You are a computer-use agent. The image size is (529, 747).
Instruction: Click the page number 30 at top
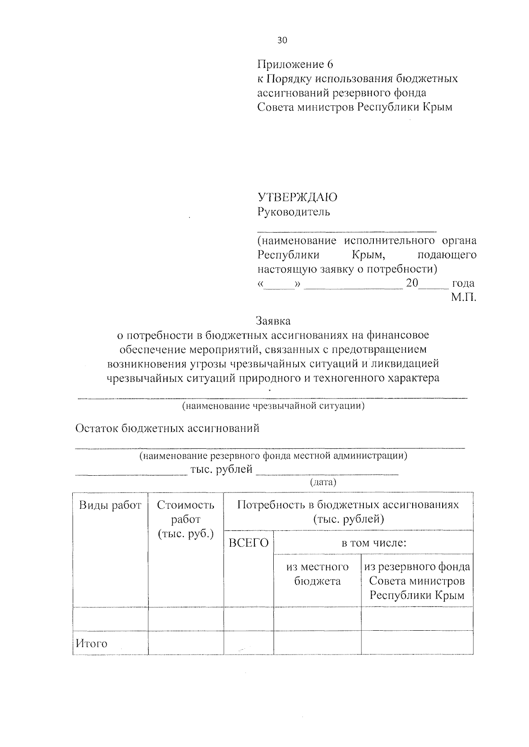pos(282,40)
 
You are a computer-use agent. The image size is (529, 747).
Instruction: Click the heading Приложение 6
pos(295,64)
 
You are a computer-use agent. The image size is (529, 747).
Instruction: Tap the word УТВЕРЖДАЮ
pos(298,197)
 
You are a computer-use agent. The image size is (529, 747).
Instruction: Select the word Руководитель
pos(294,212)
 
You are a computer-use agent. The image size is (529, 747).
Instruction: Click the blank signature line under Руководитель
pos(347,229)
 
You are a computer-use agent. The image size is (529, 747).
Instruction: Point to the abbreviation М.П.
pos(463,298)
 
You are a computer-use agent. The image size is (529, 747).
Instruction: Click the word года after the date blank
pos(463,283)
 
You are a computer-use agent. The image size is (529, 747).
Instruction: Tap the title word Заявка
pos(273,321)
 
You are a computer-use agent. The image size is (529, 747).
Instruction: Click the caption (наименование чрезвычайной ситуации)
pos(273,406)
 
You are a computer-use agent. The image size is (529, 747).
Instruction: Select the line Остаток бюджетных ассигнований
pos(168,428)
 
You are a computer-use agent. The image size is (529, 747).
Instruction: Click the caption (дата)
pos(323,482)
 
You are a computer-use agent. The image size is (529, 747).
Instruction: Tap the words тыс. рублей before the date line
pos(221,470)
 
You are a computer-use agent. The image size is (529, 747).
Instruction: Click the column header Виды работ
pos(110,505)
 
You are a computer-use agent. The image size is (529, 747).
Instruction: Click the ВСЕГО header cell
pos(249,543)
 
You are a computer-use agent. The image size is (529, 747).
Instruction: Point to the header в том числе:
pos(373,543)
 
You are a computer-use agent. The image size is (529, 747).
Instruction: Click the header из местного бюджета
pos(317,574)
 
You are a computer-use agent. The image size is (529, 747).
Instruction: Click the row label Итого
pos(92,643)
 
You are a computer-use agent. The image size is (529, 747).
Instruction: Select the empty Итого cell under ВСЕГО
pos(249,642)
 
